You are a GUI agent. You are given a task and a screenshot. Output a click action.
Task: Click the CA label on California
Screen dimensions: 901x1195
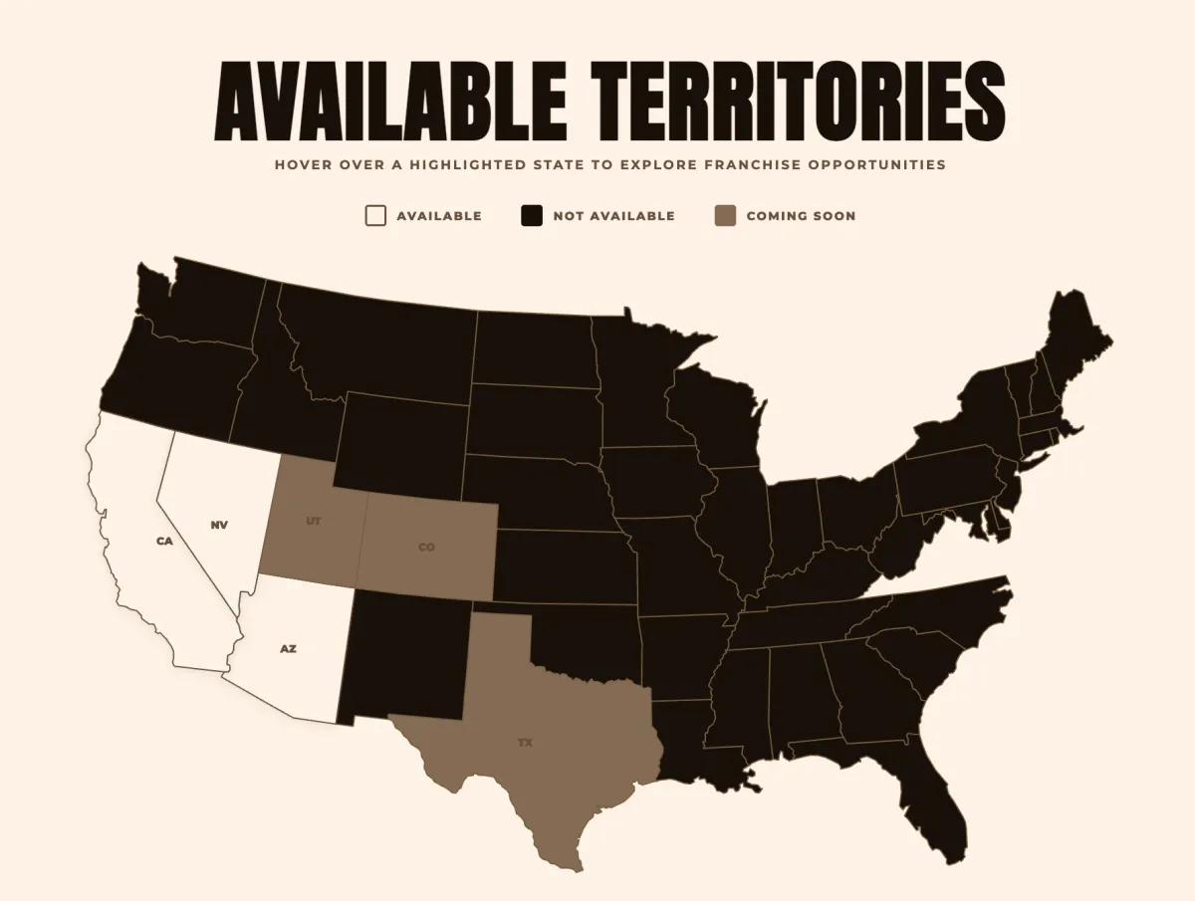(164, 541)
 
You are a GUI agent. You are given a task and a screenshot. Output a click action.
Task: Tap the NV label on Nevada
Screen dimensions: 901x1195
(219, 525)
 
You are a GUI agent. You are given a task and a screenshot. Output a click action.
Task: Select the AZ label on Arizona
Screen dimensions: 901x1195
(288, 648)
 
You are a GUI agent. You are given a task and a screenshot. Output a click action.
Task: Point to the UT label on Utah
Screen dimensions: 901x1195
(314, 521)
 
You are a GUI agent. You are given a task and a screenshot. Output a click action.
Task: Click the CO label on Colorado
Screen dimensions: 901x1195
(426, 547)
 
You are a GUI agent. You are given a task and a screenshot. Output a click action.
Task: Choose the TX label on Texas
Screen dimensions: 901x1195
(525, 743)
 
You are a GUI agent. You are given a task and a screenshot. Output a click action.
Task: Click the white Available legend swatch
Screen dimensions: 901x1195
(375, 216)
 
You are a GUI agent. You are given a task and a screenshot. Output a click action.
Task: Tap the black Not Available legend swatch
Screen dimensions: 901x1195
(532, 216)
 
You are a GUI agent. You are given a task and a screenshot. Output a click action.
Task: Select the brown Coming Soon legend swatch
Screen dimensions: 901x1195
(726, 216)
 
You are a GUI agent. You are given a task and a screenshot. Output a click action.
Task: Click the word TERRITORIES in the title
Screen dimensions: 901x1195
(797, 103)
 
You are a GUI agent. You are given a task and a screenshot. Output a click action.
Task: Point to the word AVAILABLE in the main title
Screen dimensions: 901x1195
(390, 103)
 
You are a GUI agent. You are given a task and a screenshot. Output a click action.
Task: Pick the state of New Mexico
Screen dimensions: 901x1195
(403, 652)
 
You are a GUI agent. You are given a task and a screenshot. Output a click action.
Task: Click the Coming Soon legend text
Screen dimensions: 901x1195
(801, 216)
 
